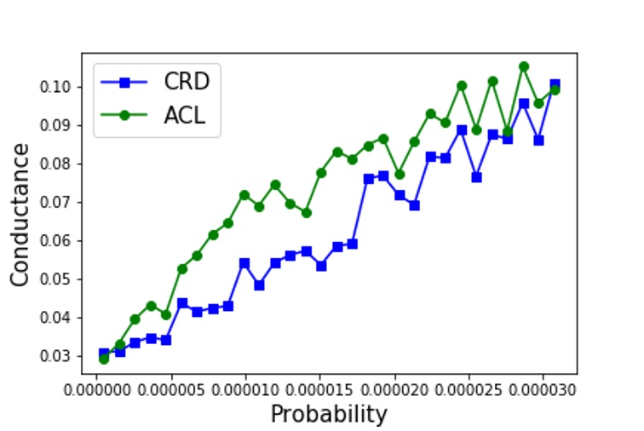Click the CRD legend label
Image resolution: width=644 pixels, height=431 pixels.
click(186, 83)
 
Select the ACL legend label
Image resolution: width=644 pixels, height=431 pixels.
click(185, 115)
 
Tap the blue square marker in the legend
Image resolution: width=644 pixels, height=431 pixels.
click(124, 83)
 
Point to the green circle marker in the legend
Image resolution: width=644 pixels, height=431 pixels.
click(124, 115)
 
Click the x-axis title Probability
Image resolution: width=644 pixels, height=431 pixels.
click(329, 415)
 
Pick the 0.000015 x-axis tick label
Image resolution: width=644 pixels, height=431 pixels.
click(319, 391)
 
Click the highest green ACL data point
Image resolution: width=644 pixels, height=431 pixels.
click(524, 66)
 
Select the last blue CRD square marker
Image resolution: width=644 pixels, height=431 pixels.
click(555, 84)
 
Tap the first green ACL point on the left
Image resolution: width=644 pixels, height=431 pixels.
click(104, 359)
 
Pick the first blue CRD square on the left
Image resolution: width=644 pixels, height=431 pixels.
click(104, 353)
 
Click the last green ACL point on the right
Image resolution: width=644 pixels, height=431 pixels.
click(555, 89)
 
